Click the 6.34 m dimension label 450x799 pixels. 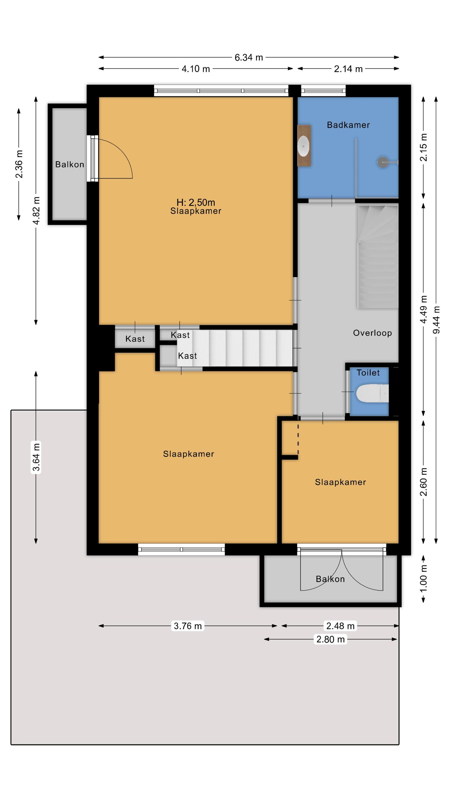click(248, 57)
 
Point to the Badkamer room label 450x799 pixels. click(348, 125)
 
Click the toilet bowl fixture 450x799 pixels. click(372, 393)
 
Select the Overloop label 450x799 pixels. click(372, 333)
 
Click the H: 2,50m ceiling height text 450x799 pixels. click(196, 202)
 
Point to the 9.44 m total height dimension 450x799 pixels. click(436, 320)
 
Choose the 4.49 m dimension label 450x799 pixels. click(423, 309)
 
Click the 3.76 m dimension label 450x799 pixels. click(188, 626)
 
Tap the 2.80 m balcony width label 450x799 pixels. click(330, 639)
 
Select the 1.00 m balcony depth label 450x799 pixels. click(423, 578)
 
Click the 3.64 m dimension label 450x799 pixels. click(36, 457)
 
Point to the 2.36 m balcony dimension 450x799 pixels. click(19, 164)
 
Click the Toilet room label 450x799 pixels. click(368, 373)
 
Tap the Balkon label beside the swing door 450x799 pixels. click(70, 164)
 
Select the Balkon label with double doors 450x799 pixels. click(330, 579)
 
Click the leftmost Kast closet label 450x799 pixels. click(135, 339)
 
